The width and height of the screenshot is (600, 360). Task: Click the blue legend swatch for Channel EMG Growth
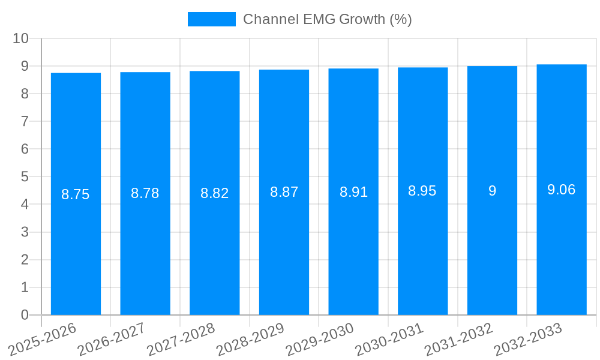211,19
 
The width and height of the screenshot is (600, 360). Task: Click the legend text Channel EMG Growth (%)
327,19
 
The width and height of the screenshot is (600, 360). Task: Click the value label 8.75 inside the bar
76,194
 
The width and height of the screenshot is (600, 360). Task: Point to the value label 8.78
145,193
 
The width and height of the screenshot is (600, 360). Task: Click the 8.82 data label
214,193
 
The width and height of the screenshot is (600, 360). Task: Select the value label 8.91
353,192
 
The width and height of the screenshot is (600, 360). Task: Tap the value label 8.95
422,191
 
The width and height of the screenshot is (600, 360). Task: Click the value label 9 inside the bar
492,191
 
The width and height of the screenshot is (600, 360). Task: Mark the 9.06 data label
562,190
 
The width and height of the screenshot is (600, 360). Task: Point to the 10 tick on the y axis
21,38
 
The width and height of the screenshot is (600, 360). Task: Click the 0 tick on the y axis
25,315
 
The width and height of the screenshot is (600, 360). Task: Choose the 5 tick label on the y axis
25,177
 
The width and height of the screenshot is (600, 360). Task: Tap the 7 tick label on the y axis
25,121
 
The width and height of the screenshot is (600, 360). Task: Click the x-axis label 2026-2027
112,339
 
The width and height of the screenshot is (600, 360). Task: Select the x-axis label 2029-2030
320,339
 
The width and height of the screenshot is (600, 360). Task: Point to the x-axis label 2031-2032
459,339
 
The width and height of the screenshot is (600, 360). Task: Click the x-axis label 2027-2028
181,339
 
